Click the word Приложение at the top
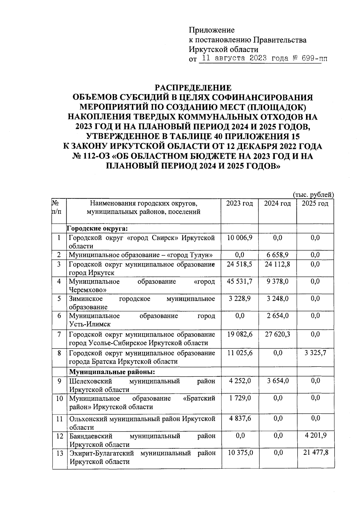211,30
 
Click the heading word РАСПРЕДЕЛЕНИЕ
193,88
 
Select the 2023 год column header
239,203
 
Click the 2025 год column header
315,203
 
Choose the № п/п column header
56,207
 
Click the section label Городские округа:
97,229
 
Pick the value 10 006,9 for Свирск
240,238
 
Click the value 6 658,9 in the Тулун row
277,255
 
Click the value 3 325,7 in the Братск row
315,353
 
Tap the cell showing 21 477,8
316,453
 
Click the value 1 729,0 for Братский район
240,398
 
